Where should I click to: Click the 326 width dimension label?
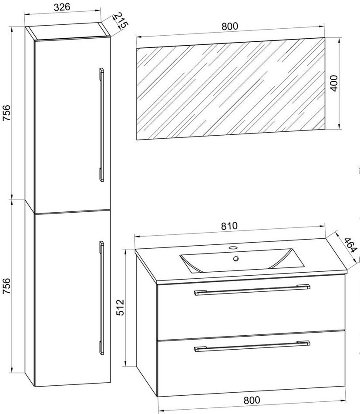tap(62, 7)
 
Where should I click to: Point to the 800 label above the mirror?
tap(229, 26)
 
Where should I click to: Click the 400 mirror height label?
tap(334, 83)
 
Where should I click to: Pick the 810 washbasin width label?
tap(229, 226)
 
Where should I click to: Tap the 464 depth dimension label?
tap(351, 245)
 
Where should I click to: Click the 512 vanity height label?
tap(120, 307)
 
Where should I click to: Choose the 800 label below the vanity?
tap(252, 400)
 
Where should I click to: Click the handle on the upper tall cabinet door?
tap(102, 125)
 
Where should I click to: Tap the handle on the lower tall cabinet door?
tap(102, 297)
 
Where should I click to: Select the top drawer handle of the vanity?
tap(252, 290)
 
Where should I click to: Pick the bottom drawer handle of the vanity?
tap(252, 346)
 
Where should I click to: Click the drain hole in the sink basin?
tap(236, 258)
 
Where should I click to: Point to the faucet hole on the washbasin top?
tap(232, 248)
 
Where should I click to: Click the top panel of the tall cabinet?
tap(69, 32)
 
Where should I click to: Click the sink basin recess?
tap(241, 260)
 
